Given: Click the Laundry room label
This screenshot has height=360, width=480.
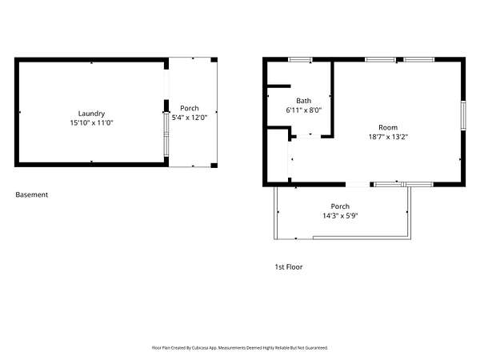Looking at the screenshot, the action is click(x=91, y=114).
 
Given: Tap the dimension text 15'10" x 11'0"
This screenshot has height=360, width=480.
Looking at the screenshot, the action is click(x=91, y=122).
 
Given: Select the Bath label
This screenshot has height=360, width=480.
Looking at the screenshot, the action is click(x=304, y=101).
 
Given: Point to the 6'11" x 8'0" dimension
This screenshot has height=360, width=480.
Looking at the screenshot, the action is click(x=304, y=110).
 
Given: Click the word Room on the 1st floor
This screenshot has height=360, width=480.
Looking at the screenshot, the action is click(x=388, y=127).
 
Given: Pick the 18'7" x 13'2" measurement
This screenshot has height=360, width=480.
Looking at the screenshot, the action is click(x=388, y=137).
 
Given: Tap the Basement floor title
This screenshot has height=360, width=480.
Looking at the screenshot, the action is click(x=32, y=194).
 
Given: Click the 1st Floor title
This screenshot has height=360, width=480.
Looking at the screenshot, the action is click(x=288, y=267).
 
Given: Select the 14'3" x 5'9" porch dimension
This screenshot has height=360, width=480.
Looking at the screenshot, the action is click(x=340, y=215).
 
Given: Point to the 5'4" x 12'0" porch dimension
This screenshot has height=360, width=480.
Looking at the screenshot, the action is click(x=190, y=118).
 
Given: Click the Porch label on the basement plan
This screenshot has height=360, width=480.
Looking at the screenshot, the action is click(x=190, y=108).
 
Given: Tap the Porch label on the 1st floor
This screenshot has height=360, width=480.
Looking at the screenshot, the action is click(x=340, y=206).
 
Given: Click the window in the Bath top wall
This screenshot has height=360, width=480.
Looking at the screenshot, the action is click(x=300, y=60).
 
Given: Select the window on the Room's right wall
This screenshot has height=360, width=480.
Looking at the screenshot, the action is click(x=463, y=115).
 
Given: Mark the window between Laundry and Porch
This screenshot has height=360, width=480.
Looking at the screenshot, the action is click(x=166, y=134).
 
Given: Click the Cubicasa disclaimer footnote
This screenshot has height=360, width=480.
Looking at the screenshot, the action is click(x=240, y=348).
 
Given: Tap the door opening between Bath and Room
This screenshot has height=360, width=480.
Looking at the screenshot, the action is click(x=309, y=137).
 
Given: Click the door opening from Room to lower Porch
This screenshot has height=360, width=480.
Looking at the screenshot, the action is click(x=358, y=184).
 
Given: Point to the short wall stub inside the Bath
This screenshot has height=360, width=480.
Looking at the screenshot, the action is click(x=279, y=86).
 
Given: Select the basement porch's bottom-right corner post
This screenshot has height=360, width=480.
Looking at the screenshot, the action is click(x=214, y=166).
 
